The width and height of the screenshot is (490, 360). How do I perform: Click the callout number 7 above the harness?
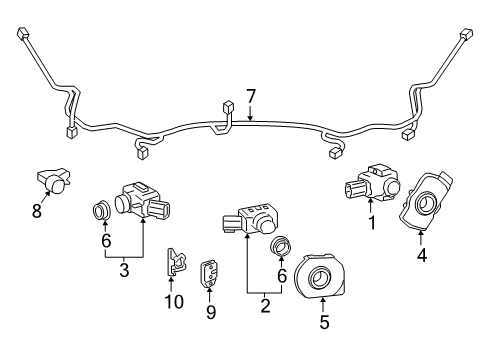tap(251, 96)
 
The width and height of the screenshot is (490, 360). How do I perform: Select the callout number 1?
tap(372, 223)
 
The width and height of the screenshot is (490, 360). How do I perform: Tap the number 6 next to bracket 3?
tap(105, 240)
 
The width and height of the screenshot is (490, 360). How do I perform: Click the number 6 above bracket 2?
tap(282, 275)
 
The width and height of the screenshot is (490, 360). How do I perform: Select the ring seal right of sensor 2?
tap(282, 245)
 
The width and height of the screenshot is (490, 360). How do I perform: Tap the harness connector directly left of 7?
tap(229, 107)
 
